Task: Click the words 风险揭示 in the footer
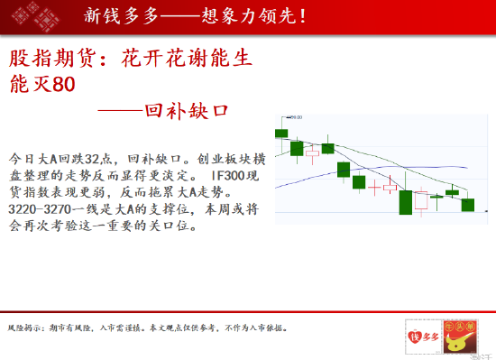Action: pos(23,326)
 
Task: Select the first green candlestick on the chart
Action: pos(281,134)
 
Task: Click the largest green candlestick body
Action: pos(405,202)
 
